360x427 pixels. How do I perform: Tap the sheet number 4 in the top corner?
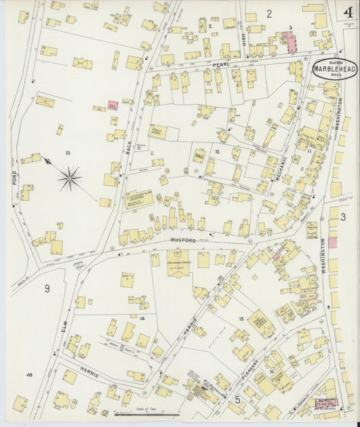[348, 13]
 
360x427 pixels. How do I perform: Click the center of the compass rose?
[70, 178]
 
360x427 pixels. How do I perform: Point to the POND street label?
[14, 177]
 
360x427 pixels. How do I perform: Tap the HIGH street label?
[243, 43]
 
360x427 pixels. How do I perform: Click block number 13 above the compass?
[68, 153]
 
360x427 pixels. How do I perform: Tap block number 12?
[217, 151]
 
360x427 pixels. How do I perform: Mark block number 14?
[142, 318]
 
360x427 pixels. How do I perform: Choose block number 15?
[240, 318]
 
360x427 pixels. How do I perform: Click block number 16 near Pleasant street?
[272, 371]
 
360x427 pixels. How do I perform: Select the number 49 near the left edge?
[29, 374]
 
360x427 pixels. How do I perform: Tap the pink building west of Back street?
[113, 105]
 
